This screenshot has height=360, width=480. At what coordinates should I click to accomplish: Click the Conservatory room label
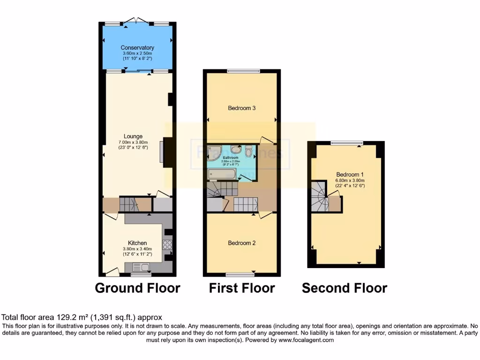(x=137, y=47)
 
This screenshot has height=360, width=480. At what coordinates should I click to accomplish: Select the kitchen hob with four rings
(x=167, y=244)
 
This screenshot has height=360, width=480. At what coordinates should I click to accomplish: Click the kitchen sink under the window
(x=140, y=267)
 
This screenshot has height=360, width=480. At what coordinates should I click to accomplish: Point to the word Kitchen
(x=137, y=243)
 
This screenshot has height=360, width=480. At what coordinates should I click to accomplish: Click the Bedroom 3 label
(x=241, y=108)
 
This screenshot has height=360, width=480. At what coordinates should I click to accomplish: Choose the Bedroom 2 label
(x=241, y=243)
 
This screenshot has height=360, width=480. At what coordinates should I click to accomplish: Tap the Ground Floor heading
(x=137, y=288)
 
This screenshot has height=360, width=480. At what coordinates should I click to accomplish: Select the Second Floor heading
(x=345, y=288)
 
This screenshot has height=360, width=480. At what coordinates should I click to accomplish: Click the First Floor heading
(x=241, y=288)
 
